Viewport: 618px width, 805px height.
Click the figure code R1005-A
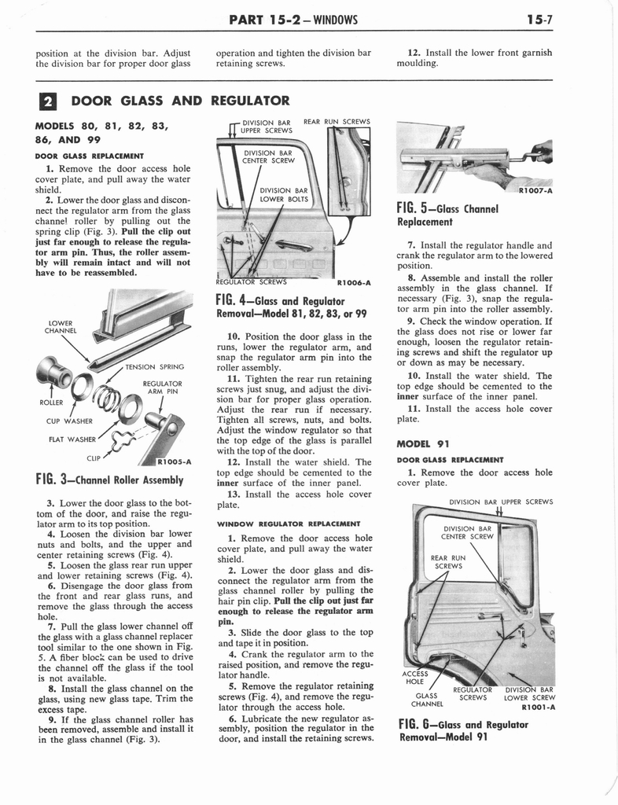pos(175,461)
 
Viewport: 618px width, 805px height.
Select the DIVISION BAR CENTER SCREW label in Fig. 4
pos(268,156)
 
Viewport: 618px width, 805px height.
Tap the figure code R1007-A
pos(535,190)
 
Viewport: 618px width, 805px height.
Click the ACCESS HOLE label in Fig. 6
pos(414,677)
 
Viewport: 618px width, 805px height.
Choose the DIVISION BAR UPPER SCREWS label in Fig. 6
pos(500,502)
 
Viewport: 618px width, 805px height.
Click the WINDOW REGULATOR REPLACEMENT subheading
pos(288,523)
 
